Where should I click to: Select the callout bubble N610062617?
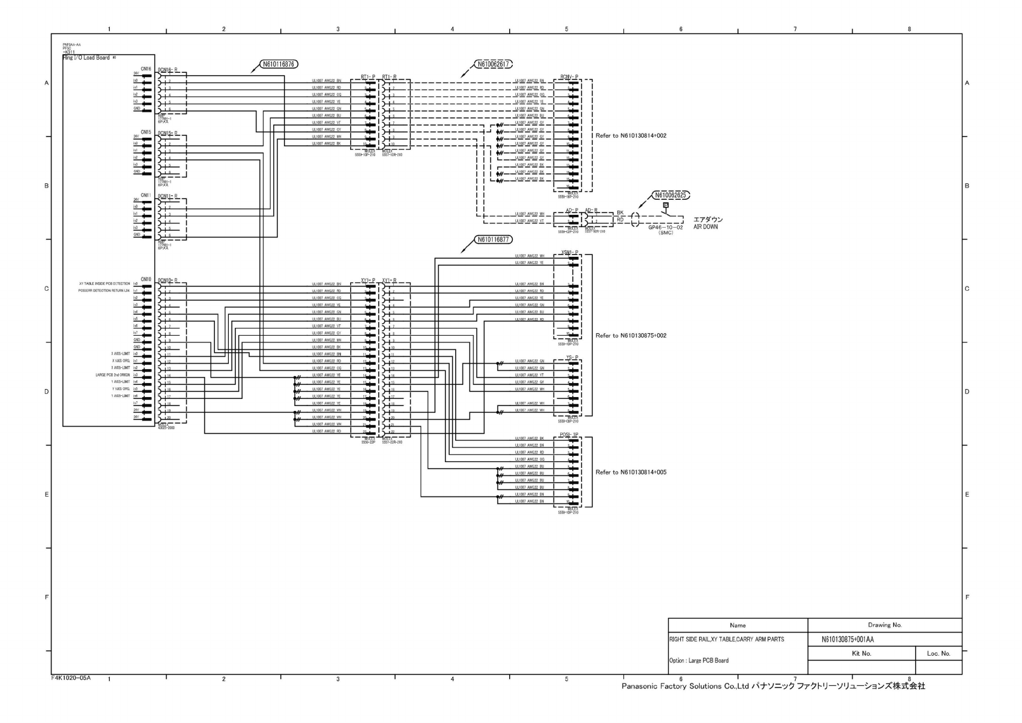click(x=493, y=64)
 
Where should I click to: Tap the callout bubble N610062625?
click(x=671, y=195)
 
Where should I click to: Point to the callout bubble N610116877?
click(x=493, y=240)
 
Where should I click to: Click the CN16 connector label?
click(x=146, y=69)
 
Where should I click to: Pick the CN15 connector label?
click(x=146, y=132)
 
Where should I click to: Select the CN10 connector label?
click(x=146, y=279)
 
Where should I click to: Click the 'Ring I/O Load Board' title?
click(x=86, y=58)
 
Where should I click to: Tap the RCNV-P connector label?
click(x=569, y=77)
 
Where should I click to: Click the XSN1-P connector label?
click(x=569, y=253)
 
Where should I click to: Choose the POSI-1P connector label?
click(x=569, y=435)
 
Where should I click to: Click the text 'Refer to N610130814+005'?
click(x=631, y=472)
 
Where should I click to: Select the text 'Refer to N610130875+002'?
click(x=631, y=336)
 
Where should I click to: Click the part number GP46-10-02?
click(x=665, y=228)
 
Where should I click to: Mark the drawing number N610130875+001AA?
click(x=847, y=639)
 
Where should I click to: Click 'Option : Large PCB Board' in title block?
click(x=699, y=660)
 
